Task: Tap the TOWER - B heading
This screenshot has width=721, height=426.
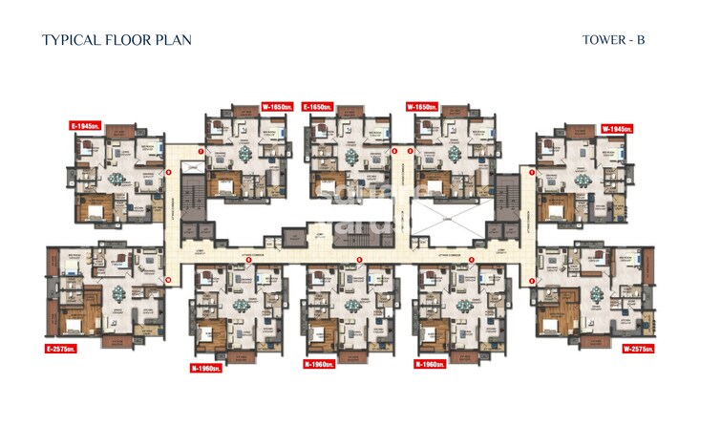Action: point(613,40)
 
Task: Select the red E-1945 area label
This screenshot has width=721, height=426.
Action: point(88,126)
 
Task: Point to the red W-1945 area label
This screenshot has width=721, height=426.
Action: point(618,128)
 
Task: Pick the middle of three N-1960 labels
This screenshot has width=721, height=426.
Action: point(322,364)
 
